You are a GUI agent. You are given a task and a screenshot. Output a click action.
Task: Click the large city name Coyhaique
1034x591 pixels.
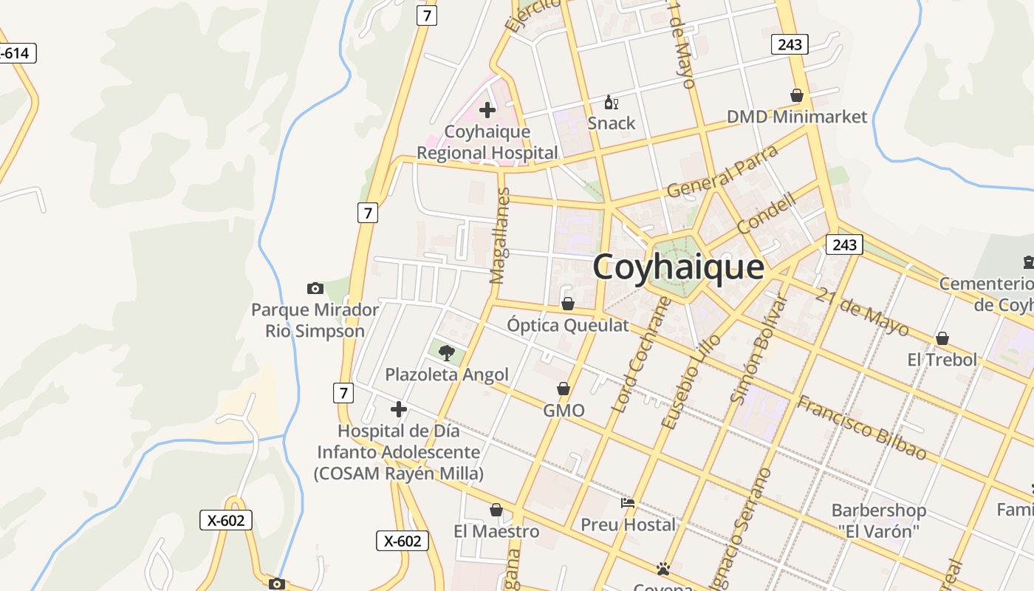tap(678, 267)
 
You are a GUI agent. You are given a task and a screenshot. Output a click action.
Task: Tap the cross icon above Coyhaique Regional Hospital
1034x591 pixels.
tap(487, 111)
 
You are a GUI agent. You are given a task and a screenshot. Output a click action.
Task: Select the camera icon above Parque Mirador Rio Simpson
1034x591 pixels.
tap(315, 288)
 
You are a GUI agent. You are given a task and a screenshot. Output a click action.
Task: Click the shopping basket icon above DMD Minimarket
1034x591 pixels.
tap(797, 95)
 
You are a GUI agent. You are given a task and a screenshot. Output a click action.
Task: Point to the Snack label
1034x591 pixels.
tap(612, 123)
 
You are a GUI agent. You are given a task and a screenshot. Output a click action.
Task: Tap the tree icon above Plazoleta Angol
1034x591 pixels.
tap(446, 353)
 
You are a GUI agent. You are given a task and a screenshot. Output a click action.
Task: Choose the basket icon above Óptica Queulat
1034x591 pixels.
tap(568, 304)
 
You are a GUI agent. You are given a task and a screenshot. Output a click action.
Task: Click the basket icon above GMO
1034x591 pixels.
tap(564, 389)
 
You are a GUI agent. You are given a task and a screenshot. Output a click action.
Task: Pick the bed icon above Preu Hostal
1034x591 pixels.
tap(628, 503)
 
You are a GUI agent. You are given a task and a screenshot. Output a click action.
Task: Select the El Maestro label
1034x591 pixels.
tap(496, 531)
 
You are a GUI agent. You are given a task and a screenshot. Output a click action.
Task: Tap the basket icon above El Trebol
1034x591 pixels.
tap(942, 338)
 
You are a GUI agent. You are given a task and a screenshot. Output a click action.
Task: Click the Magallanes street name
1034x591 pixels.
tap(501, 236)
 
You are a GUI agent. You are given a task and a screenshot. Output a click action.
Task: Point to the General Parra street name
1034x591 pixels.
tap(722, 172)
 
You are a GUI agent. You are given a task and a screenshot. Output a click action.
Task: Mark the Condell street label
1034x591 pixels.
tap(767, 213)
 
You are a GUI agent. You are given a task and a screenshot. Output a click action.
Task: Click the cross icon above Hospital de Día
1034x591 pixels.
tap(399, 409)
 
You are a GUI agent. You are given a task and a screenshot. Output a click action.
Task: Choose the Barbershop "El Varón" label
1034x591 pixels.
tap(878, 520)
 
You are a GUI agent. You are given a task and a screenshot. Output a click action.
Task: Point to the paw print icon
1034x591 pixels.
tap(663, 569)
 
